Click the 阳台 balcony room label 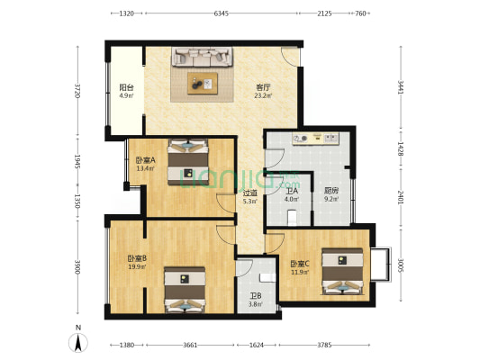(x=126, y=87)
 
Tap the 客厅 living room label (x=263, y=87)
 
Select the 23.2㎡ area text (x=263, y=95)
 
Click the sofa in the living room (x=202, y=57)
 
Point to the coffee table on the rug (x=203, y=83)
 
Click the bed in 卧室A (x=188, y=161)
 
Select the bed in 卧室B (x=185, y=290)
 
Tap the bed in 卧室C (x=342, y=271)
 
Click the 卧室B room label (x=137, y=258)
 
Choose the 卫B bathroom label (x=255, y=296)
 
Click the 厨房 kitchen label (x=331, y=191)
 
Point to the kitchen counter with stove (x=315, y=139)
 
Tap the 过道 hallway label (x=250, y=193)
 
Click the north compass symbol (x=78, y=340)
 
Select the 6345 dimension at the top (x=221, y=13)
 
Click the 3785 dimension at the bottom (x=324, y=345)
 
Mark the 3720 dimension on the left (x=77, y=91)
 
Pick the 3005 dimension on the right (x=401, y=266)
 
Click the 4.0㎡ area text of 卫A (x=292, y=199)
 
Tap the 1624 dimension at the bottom (x=257, y=345)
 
